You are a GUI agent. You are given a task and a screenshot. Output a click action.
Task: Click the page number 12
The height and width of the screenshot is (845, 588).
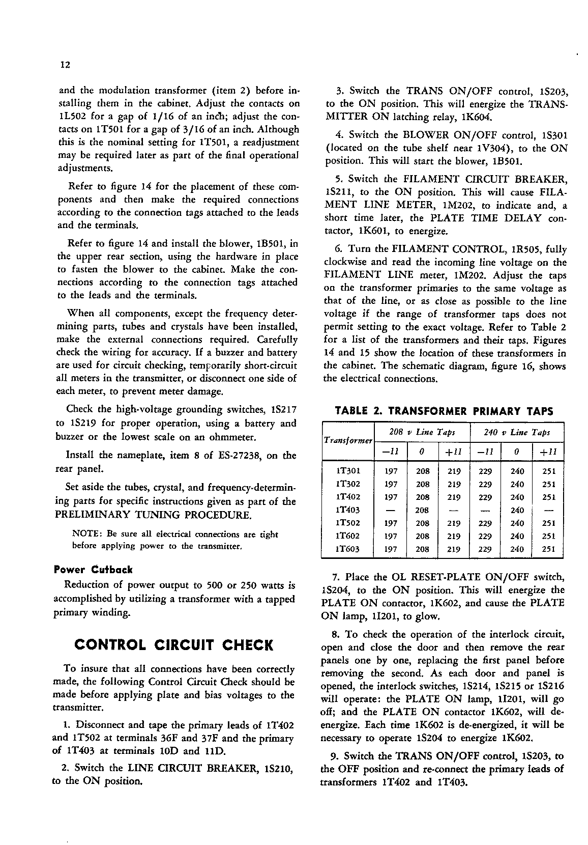65,65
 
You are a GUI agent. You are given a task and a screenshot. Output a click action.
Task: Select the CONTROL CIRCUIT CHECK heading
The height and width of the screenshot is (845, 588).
174,645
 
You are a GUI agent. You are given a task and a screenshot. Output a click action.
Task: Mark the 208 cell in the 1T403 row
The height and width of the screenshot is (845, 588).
422,510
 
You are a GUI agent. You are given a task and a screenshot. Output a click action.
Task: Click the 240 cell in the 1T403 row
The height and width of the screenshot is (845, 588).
517,510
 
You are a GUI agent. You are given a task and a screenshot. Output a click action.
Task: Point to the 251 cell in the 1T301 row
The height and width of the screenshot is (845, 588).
549,471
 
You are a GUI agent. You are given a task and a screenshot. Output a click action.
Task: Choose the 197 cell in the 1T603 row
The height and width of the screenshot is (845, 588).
391,549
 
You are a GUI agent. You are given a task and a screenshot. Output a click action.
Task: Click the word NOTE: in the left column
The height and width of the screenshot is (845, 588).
86,534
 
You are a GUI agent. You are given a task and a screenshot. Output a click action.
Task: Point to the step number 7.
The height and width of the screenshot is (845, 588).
336,577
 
